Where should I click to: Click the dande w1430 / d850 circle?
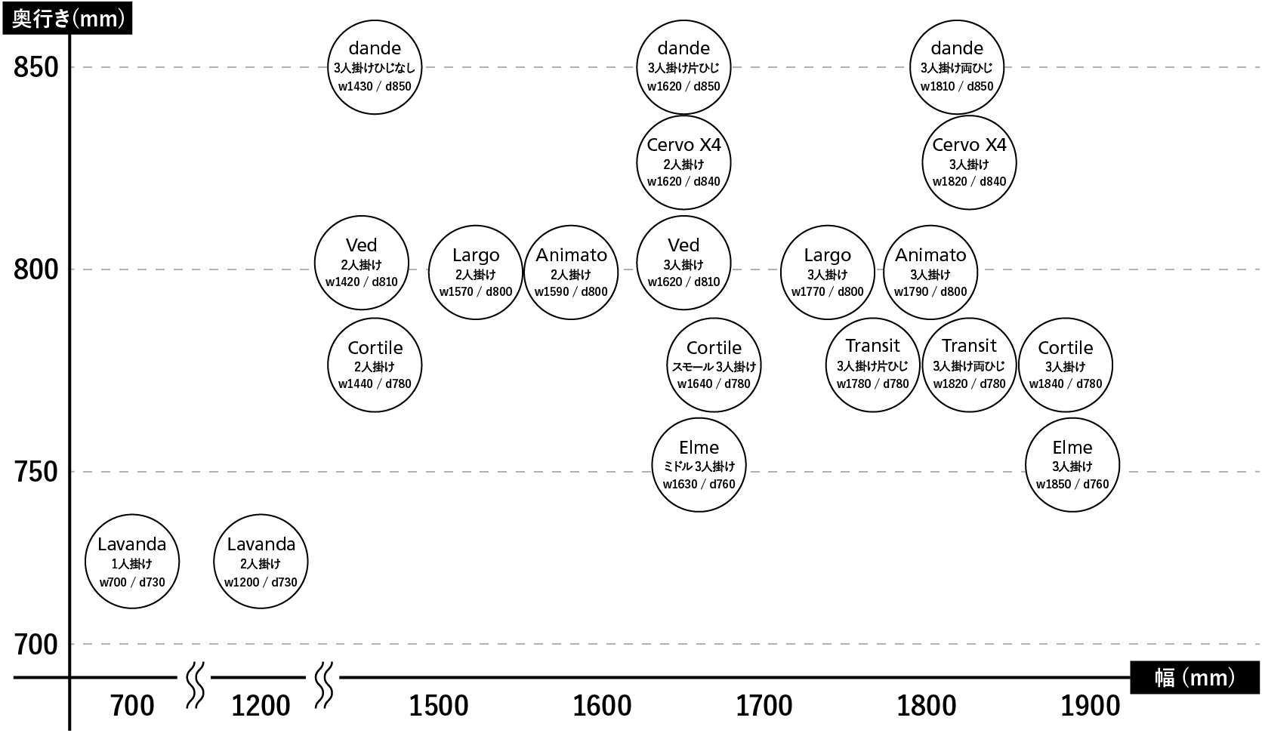pos(375,67)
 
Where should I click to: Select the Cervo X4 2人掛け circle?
pos(683,163)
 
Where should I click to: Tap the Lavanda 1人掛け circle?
pos(132,562)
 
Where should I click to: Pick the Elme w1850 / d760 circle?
pos(1072,465)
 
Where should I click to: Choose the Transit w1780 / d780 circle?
pos(873,365)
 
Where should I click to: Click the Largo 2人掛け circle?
pos(476,273)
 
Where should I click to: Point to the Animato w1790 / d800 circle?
pos(930,273)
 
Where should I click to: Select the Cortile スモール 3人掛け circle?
pos(714,365)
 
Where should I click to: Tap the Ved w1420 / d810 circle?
pos(361,263)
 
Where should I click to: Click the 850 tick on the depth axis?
pos(36,67)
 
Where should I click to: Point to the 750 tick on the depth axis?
pos(36,472)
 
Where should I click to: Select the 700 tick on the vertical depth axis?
pos(36,645)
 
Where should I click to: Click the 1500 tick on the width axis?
pos(438,706)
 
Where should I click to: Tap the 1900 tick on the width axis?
pos(1090,706)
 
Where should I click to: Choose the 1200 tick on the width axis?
pos(261,706)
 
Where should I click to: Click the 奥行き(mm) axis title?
pos(68,19)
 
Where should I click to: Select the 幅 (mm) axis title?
pos(1195,678)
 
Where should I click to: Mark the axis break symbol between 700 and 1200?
pos(195,685)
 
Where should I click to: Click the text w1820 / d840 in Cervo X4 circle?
pos(969,182)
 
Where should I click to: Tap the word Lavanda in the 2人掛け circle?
pos(261,544)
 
